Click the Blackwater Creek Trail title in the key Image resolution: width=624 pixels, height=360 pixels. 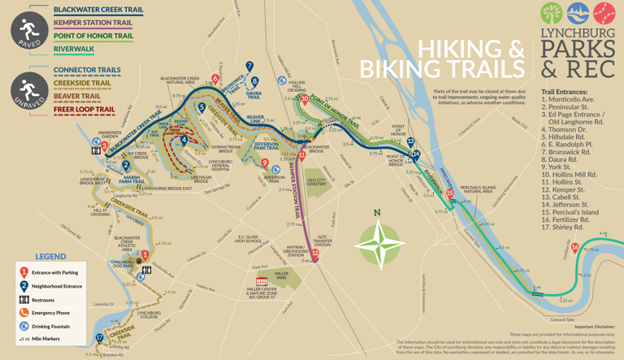[x=97, y=10]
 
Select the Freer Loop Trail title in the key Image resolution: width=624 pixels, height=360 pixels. [x=84, y=109]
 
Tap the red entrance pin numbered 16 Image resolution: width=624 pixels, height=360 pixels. [x=575, y=248]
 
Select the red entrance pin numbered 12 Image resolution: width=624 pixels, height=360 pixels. [x=314, y=253]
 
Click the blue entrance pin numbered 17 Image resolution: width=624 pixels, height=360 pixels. [x=99, y=337]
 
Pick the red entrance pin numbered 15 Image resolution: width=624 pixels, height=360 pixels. [x=449, y=193]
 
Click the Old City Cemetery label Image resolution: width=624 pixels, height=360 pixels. [x=317, y=182]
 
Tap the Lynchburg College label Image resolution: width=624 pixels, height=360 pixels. [x=149, y=314]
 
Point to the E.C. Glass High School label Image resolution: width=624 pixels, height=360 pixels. [x=249, y=240]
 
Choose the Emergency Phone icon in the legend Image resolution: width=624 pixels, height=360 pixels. [x=24, y=313]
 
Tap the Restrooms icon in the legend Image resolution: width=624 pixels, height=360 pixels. [x=24, y=300]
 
